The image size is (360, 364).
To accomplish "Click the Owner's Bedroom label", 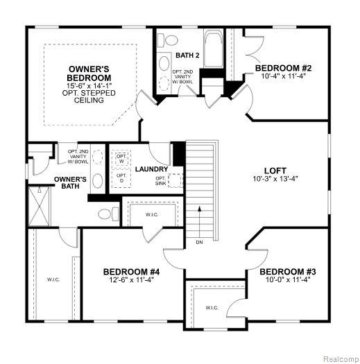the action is click(89, 73).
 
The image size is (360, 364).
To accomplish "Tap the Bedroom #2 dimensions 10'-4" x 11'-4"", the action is click(283, 76).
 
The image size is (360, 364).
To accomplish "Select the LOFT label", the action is click(275, 171).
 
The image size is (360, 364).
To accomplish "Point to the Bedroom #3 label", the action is click(288, 272).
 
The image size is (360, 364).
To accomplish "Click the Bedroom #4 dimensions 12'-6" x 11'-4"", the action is click(132, 279).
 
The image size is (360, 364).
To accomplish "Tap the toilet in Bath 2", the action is click(168, 40).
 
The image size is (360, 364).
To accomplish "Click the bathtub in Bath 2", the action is click(213, 49).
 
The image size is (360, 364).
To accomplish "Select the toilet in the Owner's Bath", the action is click(108, 214).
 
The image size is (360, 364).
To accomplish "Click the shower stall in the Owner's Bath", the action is click(39, 207).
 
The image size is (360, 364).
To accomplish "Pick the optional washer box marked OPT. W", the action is click(121, 159).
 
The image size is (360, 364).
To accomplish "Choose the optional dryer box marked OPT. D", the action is click(121, 177).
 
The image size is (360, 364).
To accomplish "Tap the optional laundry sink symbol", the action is click(175, 180).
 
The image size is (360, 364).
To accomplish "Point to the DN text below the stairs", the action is click(199, 243).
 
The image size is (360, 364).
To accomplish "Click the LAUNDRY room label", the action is click(151, 169).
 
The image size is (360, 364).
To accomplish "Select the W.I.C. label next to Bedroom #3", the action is click(212, 308).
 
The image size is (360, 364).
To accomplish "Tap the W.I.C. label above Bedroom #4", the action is click(152, 215).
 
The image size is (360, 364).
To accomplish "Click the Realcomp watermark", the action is click(341, 359).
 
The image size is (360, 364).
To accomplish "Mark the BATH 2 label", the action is click(187, 55).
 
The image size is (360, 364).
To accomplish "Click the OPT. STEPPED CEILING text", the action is click(89, 96).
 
